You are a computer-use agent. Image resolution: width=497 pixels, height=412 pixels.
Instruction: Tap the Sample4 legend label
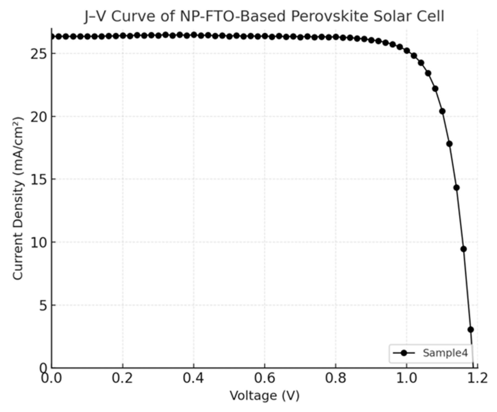coord(445,353)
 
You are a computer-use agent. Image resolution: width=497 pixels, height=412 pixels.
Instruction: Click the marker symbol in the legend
coord(404,353)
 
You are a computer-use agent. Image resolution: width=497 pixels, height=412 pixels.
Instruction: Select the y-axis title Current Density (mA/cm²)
coord(18,198)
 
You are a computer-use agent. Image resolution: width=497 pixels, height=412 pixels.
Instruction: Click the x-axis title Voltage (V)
coord(264,396)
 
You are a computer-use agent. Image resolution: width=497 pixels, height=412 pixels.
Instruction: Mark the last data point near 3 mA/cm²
coord(471,329)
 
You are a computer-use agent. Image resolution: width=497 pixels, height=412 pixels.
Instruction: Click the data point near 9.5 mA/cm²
coord(463,249)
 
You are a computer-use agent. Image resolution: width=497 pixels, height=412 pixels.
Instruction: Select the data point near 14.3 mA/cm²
coord(457,188)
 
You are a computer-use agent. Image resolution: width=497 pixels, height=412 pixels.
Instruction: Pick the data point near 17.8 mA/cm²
coord(449,144)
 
